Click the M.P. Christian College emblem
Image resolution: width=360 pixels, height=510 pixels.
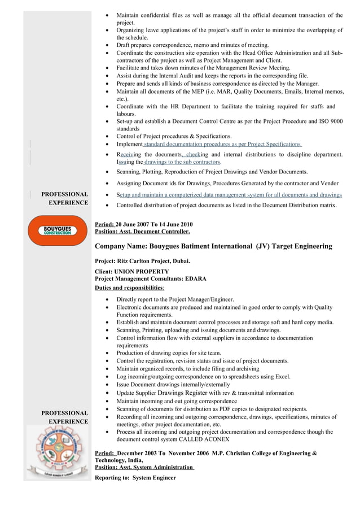(57, 451)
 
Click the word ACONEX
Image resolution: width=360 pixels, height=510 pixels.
(214, 439)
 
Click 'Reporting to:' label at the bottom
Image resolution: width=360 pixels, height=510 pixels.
(112, 478)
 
